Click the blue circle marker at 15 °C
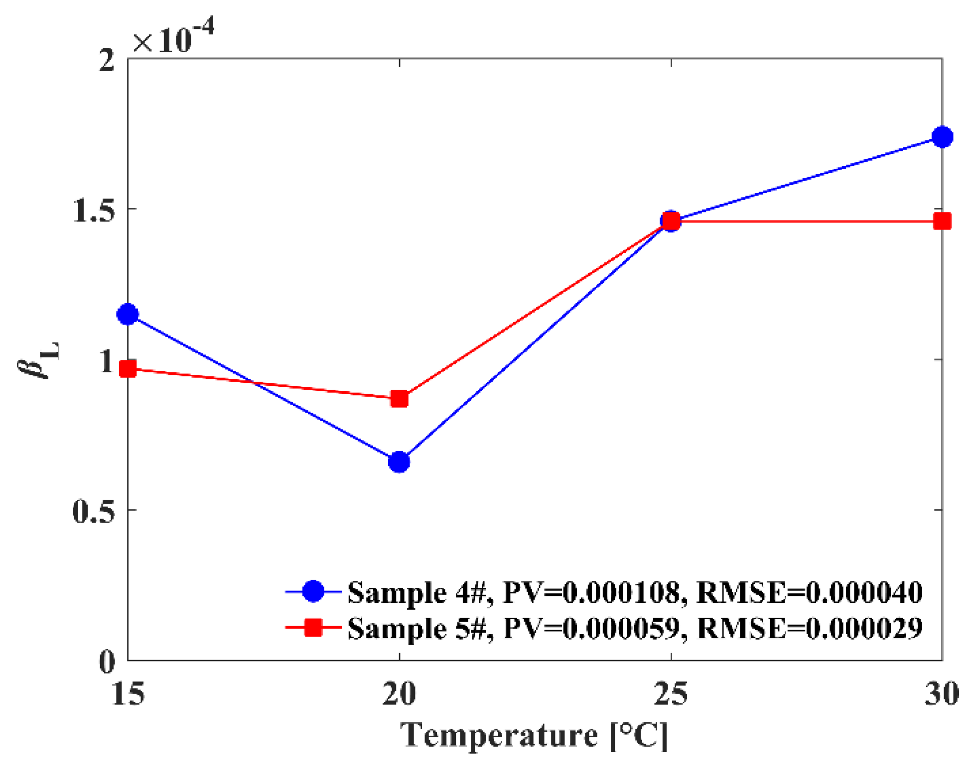(x=128, y=314)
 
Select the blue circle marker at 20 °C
(x=399, y=462)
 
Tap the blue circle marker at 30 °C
(x=942, y=136)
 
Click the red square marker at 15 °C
(x=128, y=369)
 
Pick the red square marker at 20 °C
(x=399, y=399)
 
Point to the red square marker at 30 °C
(x=942, y=221)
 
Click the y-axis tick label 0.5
(x=94, y=511)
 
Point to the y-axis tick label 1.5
(x=94, y=211)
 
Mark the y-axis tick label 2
(x=107, y=61)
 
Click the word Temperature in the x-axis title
(x=499, y=736)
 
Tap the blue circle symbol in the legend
(x=313, y=592)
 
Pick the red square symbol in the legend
(x=313, y=628)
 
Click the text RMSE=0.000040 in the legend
(x=809, y=592)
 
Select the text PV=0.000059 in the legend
(x=591, y=628)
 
